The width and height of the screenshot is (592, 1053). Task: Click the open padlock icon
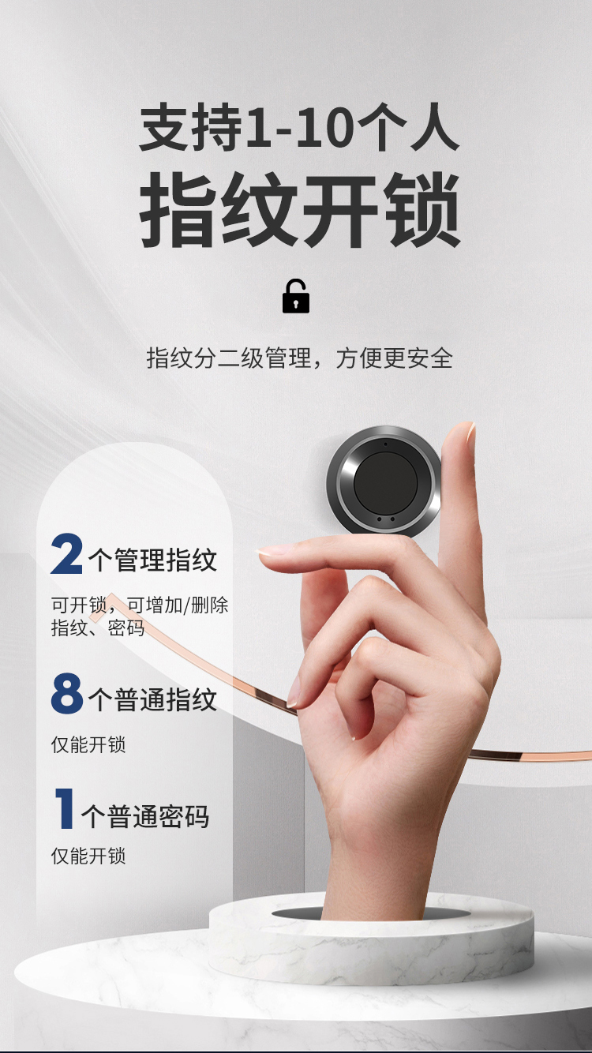(296, 297)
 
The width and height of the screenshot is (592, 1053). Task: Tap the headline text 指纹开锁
(300, 212)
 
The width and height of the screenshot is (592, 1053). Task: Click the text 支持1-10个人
(299, 128)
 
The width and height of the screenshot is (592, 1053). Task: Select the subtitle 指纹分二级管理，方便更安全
(300, 358)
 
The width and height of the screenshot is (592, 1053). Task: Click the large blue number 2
(67, 555)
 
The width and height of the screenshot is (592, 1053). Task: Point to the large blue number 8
(67, 694)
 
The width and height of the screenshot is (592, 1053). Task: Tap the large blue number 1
(65, 808)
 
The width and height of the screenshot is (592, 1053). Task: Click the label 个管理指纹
(152, 560)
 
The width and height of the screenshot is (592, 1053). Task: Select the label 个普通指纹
(152, 700)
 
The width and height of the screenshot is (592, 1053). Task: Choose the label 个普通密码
(146, 817)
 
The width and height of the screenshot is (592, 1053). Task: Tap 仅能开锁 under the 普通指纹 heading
(88, 744)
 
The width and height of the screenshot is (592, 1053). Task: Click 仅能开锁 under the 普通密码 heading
(88, 856)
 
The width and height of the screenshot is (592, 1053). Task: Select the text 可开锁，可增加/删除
(140, 605)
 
